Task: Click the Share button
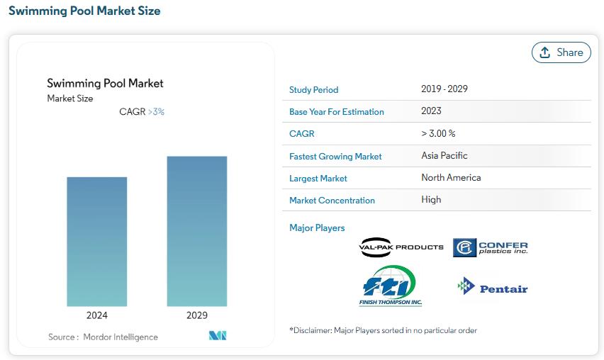coord(561,52)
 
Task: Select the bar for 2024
coord(96,242)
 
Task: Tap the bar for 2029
coord(197,232)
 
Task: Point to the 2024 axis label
coord(96,315)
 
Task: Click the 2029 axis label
coord(197,315)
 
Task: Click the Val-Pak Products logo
coord(401,247)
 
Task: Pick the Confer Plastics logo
coord(490,247)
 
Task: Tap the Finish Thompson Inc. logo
coord(390,286)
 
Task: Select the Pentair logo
coord(492,286)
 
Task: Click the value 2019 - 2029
coord(444,89)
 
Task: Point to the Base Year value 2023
coord(431,111)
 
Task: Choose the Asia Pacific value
coord(444,155)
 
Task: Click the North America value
coord(451,177)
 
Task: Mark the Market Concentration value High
coord(431,199)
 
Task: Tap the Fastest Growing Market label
coord(335,157)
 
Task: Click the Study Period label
coord(313,90)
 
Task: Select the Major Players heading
coord(317,228)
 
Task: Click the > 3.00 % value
coord(438,133)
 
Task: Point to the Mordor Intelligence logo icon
coord(218,335)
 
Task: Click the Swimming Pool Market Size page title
coord(84,11)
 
